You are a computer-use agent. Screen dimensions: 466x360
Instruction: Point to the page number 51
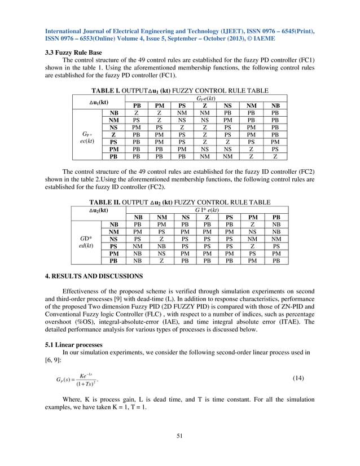(179, 435)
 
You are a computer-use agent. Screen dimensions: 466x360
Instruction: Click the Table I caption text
(179, 91)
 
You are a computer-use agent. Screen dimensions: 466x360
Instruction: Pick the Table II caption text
(179, 202)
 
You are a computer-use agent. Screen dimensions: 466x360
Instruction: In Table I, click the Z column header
(205, 105)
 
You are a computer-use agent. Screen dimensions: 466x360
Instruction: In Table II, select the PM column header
(253, 217)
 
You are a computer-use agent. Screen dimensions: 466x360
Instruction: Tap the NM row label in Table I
(113, 120)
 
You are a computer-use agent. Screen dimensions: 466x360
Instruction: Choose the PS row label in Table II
(113, 247)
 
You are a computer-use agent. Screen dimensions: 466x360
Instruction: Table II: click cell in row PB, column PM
(253, 261)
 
